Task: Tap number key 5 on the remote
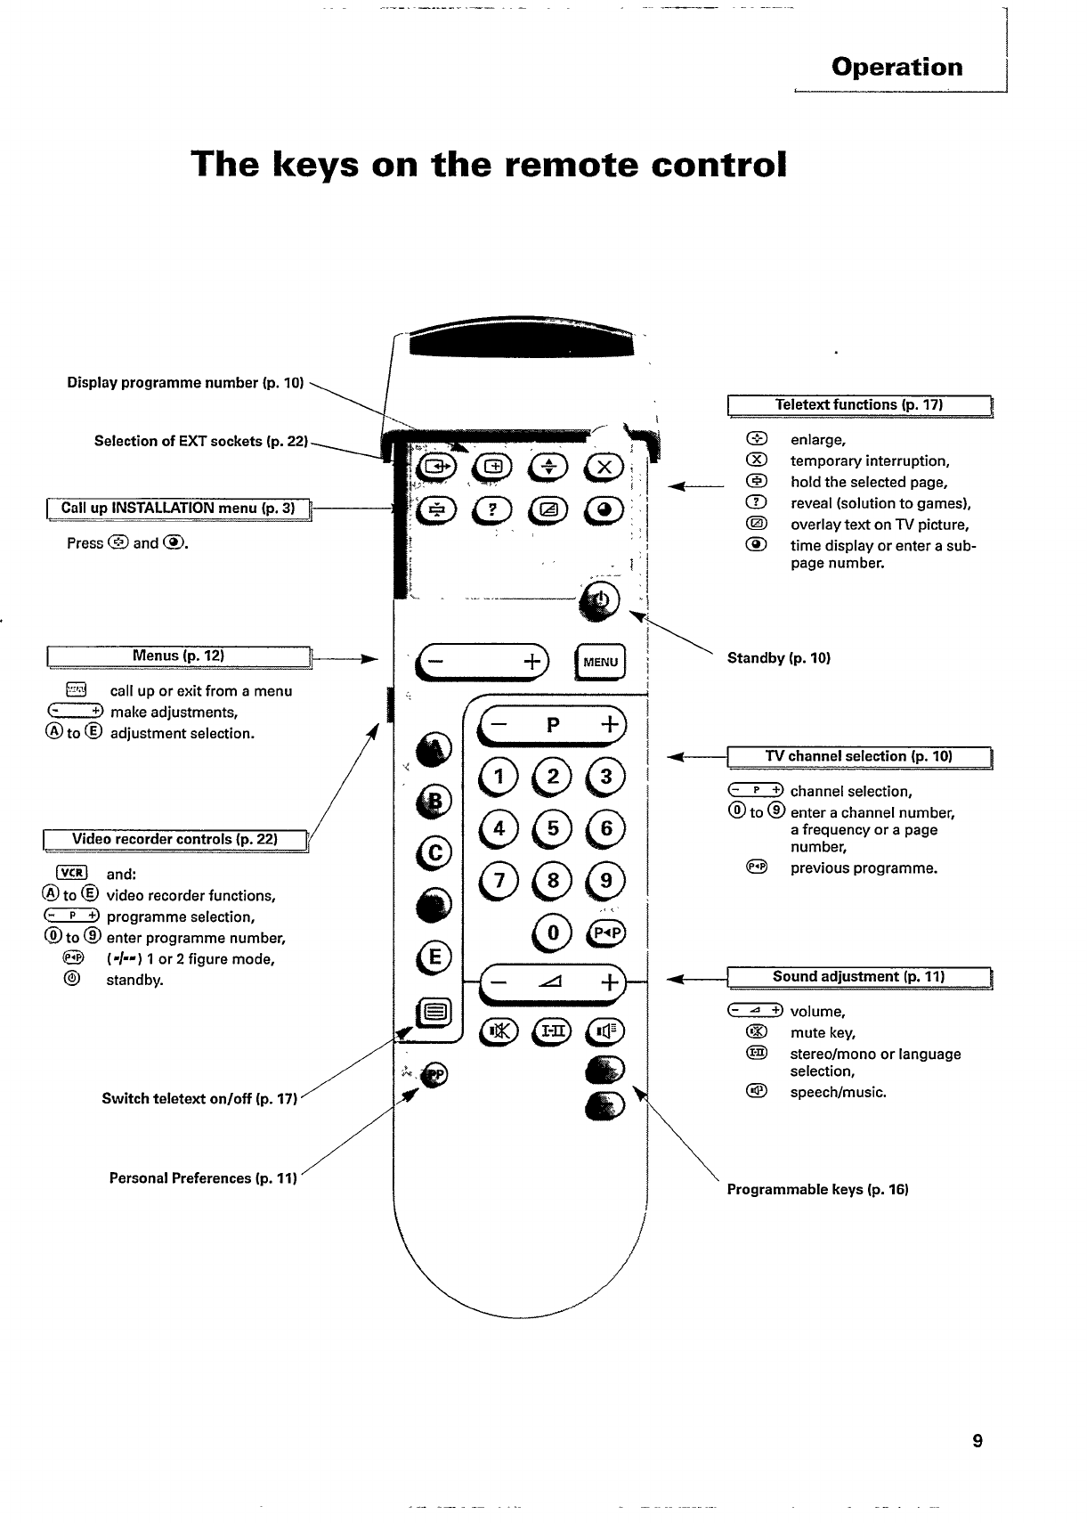553,829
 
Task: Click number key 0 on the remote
553,932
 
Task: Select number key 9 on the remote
606,881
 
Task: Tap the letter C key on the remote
435,853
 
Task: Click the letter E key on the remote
435,957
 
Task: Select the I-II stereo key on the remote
552,1031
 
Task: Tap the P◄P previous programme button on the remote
606,933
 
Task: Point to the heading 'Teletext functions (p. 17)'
859,405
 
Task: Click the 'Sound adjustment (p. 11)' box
859,977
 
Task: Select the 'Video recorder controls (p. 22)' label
175,839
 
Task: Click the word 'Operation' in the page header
896,67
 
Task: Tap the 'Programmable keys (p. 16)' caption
817,1189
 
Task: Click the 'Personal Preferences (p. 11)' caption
203,1178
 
